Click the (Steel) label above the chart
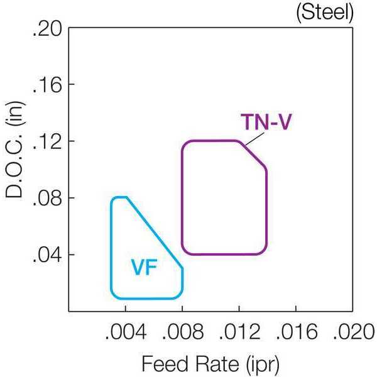[x=325, y=12]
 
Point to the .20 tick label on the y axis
[x=46, y=30]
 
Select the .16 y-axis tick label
[x=46, y=86]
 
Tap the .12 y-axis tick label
[x=46, y=143]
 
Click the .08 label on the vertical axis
[x=46, y=200]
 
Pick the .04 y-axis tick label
[x=46, y=256]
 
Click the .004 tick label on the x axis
[x=126, y=332]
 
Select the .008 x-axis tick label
[x=183, y=332]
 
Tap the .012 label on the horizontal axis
[x=239, y=332]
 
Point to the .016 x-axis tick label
[x=297, y=332]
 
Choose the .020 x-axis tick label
[x=353, y=332]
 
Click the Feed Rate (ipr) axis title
[x=210, y=364]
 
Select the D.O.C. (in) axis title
[x=15, y=150]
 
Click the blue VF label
[x=144, y=268]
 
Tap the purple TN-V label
[x=266, y=122]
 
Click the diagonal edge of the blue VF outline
[x=155, y=232]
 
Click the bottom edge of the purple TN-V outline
[x=224, y=254]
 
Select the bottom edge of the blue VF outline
[x=146, y=298]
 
